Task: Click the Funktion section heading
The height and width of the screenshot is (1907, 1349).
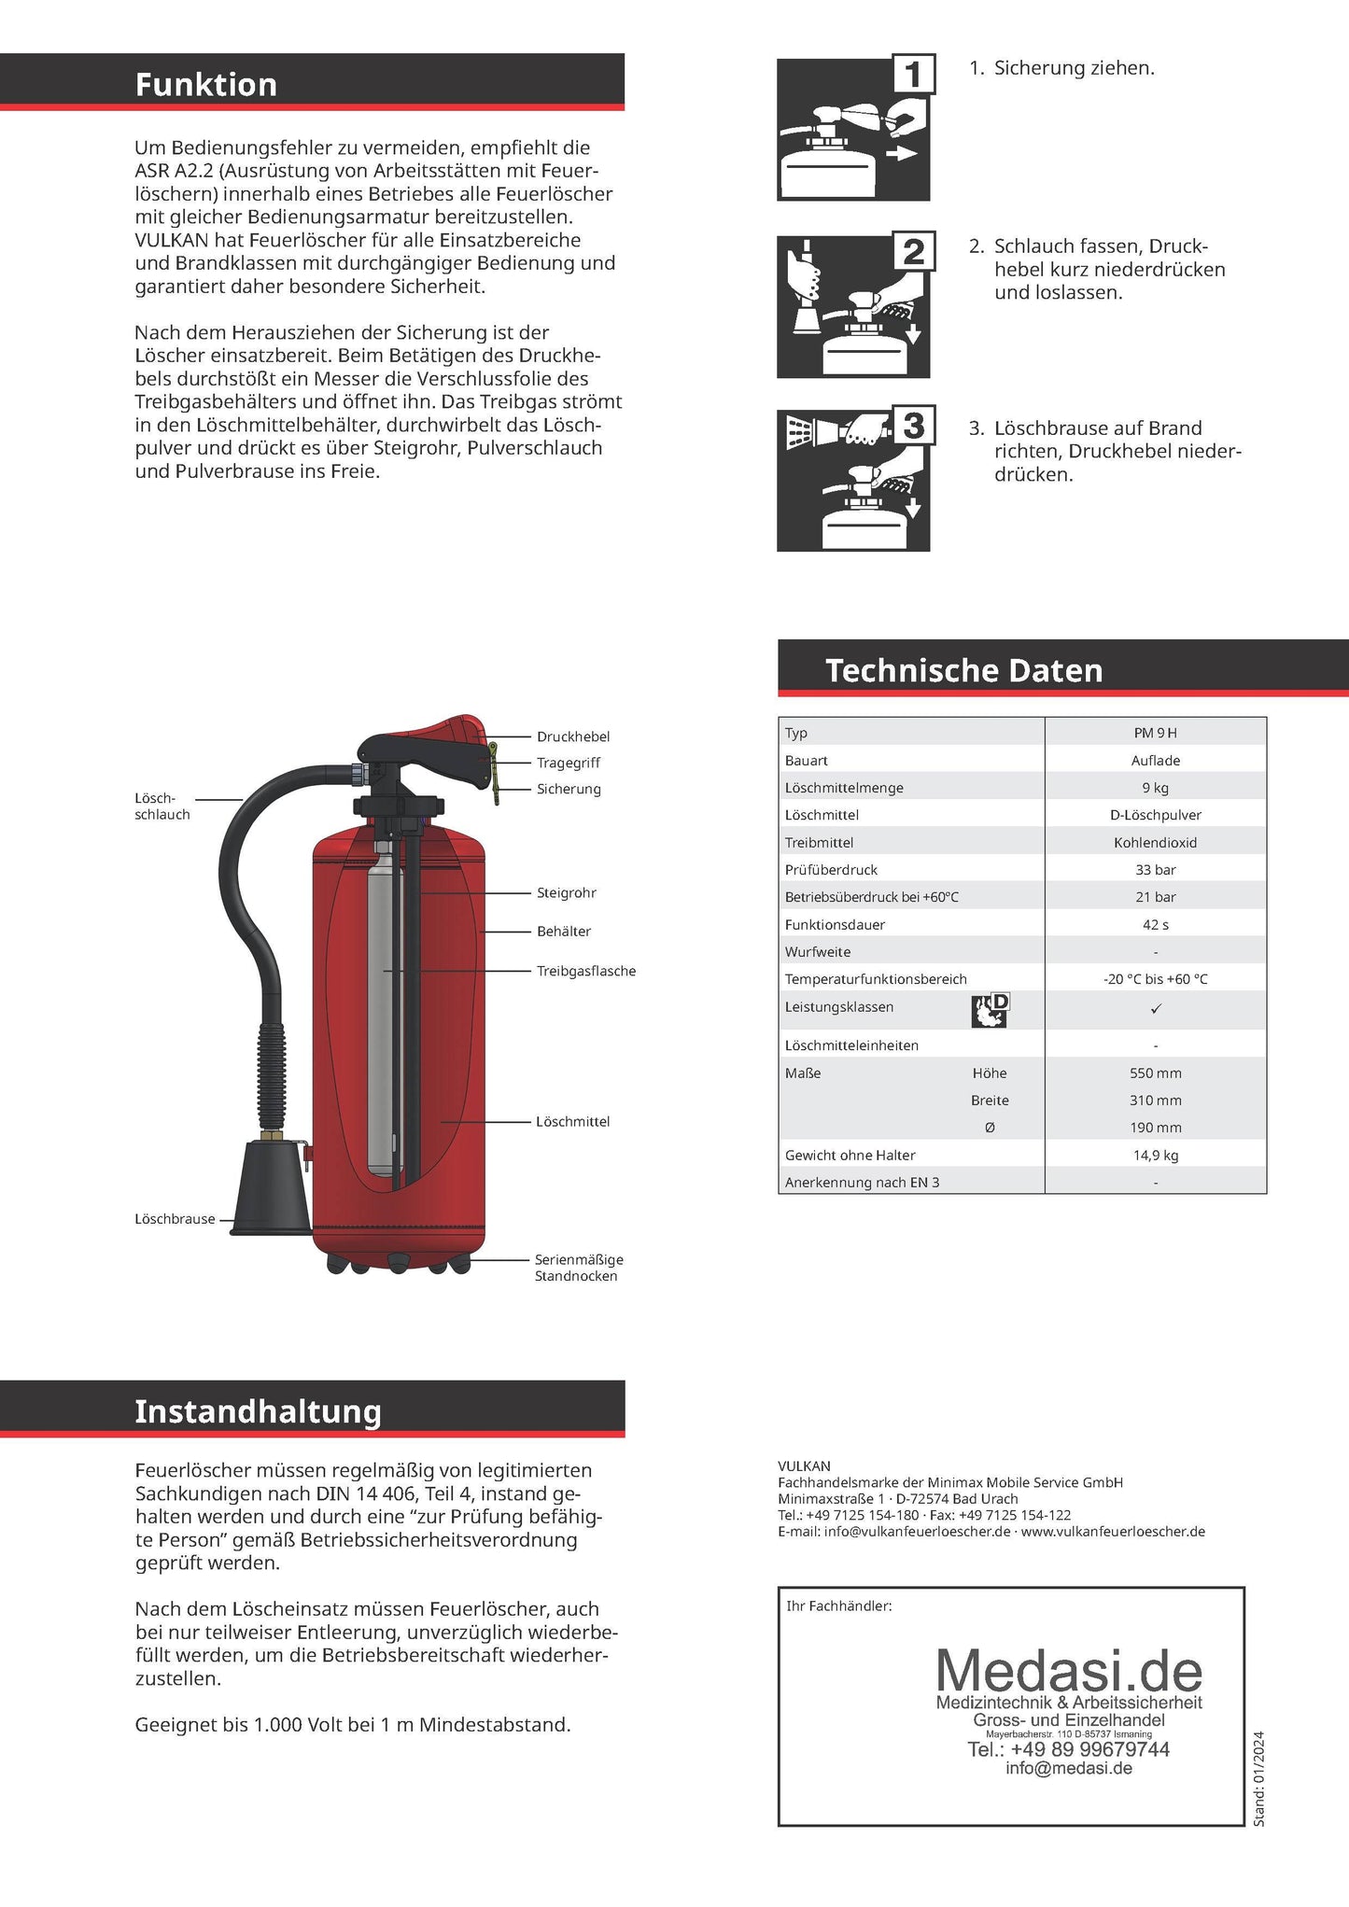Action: pyautogui.click(x=206, y=85)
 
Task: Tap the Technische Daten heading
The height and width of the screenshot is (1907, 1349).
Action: pyautogui.click(x=963, y=670)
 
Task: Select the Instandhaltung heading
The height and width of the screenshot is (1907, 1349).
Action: pyautogui.click(x=258, y=1410)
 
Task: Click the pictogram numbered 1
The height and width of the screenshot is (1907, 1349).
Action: pyautogui.click(x=853, y=129)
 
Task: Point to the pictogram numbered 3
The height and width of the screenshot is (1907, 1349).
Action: pyautogui.click(x=853, y=478)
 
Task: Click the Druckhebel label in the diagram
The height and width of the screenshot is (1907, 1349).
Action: pyautogui.click(x=572, y=736)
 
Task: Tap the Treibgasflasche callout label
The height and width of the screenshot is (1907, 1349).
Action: pyautogui.click(x=585, y=971)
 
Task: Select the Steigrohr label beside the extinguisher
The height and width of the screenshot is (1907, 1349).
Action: pyautogui.click(x=566, y=892)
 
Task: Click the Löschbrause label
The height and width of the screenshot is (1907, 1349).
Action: pyautogui.click(x=175, y=1219)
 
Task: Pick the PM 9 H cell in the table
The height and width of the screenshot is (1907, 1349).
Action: pyautogui.click(x=1155, y=733)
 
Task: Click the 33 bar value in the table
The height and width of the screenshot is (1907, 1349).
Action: pyautogui.click(x=1155, y=869)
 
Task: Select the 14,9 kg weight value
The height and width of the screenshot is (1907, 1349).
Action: pyautogui.click(x=1155, y=1155)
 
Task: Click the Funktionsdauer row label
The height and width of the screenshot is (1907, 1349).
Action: pyautogui.click(x=835, y=924)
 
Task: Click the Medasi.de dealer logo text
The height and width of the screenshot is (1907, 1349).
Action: pyautogui.click(x=1068, y=1671)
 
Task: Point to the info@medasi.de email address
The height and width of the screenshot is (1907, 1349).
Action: pyautogui.click(x=1068, y=1768)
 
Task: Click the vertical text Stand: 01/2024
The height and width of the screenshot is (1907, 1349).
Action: pyautogui.click(x=1258, y=1778)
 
